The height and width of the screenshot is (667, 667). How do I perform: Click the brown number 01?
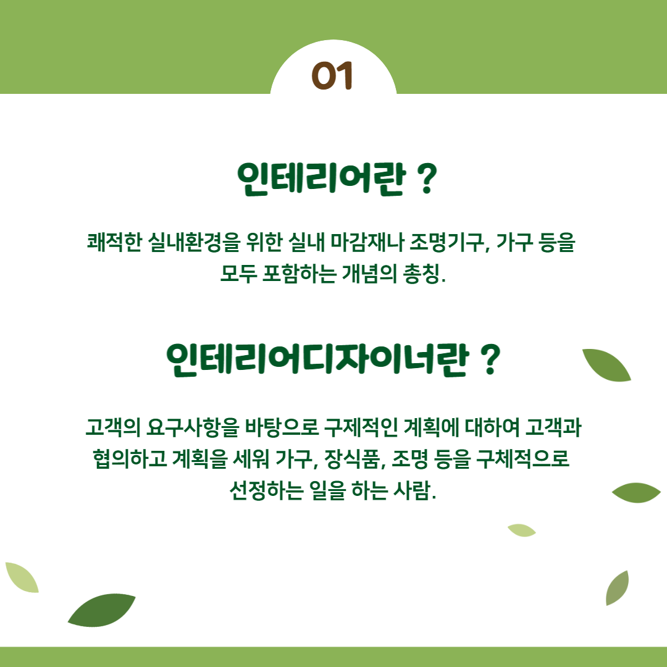(x=332, y=76)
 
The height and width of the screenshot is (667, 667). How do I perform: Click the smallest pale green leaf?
(x=521, y=531)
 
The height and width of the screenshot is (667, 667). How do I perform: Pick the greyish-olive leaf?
(x=617, y=588)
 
